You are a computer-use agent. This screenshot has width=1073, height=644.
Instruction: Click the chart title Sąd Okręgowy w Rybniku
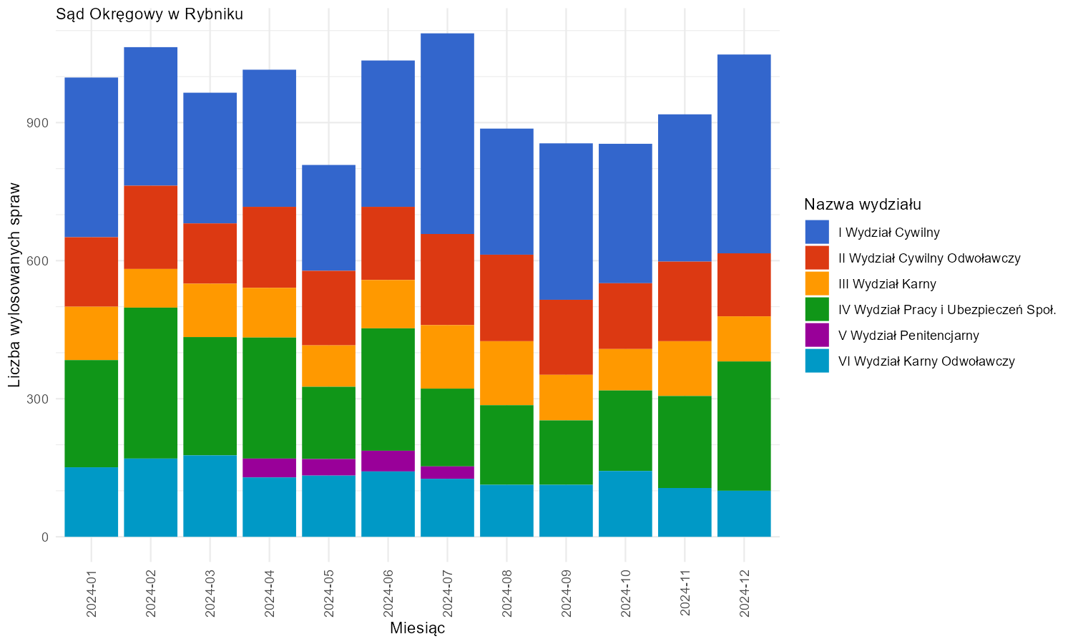click(x=150, y=14)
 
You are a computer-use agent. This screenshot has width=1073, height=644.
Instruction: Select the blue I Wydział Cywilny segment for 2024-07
click(x=447, y=134)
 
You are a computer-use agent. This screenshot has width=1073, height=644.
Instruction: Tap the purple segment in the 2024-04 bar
click(x=269, y=468)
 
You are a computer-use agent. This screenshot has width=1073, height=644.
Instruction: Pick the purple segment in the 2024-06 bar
click(x=388, y=461)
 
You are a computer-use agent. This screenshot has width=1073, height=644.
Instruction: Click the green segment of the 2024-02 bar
click(x=151, y=383)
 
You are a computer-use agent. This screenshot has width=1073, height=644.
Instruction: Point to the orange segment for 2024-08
click(x=506, y=374)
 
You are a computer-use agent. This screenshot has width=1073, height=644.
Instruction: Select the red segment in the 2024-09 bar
click(x=567, y=337)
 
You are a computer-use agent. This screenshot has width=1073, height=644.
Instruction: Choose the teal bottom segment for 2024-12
click(x=745, y=514)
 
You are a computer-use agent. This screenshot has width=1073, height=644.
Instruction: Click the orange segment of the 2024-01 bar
click(x=92, y=333)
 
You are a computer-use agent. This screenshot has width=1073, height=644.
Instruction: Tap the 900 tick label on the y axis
click(x=38, y=123)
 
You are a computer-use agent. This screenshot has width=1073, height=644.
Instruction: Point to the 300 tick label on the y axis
click(x=38, y=399)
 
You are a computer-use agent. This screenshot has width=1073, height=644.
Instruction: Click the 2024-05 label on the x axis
click(x=328, y=594)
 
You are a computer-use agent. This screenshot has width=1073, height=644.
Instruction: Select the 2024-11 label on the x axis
click(x=685, y=594)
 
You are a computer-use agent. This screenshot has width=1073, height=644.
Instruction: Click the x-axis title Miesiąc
click(x=417, y=628)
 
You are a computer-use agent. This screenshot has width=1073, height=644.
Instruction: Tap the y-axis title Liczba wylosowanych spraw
click(x=14, y=285)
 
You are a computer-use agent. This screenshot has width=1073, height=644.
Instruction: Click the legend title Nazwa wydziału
click(x=863, y=205)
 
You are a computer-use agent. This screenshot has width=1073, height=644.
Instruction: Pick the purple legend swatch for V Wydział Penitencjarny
click(x=817, y=336)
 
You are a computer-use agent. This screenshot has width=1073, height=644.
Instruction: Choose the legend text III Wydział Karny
click(x=887, y=284)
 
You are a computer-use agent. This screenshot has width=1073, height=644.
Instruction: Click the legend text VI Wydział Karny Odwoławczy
click(x=926, y=361)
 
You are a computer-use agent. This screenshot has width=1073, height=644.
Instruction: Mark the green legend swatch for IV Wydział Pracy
click(x=817, y=310)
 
